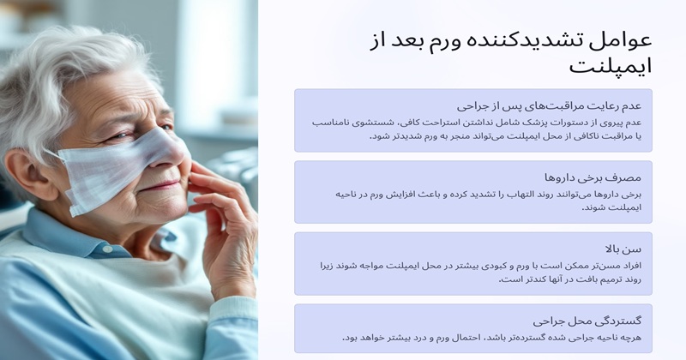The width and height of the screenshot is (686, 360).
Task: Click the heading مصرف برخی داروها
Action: [593, 177]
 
